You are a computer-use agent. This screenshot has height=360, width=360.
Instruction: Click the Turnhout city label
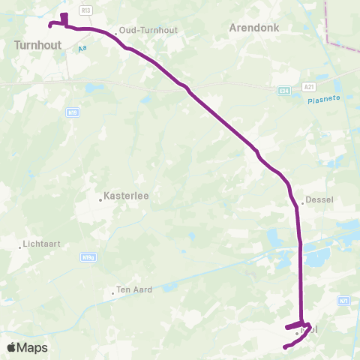pos(37,45)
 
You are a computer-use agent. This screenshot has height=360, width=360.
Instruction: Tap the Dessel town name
pos(319,200)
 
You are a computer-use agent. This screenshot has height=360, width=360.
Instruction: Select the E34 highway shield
pos(283,90)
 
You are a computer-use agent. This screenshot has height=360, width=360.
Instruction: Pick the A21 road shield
pos(309,87)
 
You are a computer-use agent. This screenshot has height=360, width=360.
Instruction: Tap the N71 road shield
pos(343,300)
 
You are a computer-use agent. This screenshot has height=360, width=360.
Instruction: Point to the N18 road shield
pos(73,112)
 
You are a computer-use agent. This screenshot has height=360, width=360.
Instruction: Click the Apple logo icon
pos(13,347)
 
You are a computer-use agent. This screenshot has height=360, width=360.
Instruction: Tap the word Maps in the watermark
pos(33,347)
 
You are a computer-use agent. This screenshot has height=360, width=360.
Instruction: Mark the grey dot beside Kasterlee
pos(100,199)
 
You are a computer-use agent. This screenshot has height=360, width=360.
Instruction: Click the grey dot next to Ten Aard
pos(112,292)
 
